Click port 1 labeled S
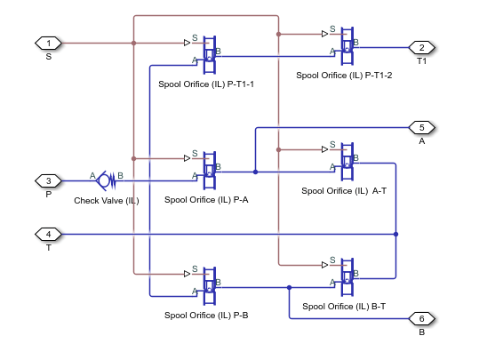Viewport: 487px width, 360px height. pyautogui.click(x=47, y=42)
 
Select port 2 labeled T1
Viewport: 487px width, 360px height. pyautogui.click(x=420, y=47)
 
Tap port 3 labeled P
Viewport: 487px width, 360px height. pyautogui.click(x=47, y=180)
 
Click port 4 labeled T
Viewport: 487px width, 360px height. pyautogui.click(x=47, y=234)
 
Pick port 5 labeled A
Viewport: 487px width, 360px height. pyautogui.click(x=420, y=127)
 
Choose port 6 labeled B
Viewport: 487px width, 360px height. pyautogui.click(x=420, y=318)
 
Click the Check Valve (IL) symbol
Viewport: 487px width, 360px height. pyautogui.click(x=106, y=180)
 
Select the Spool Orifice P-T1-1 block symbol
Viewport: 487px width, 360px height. pyautogui.click(x=210, y=54)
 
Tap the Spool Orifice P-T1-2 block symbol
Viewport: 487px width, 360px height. pyautogui.click(x=347, y=46)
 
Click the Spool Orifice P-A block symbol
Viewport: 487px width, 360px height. pyautogui.click(x=210, y=170)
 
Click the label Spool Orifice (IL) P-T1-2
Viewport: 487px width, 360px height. pyautogui.click(x=345, y=76)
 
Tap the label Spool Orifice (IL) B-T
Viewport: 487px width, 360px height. pyautogui.click(x=344, y=306)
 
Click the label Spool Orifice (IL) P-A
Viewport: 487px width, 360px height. pyautogui.click(x=206, y=200)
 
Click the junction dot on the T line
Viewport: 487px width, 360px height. pyautogui.click(x=395, y=234)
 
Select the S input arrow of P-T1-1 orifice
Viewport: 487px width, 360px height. pyautogui.click(x=188, y=42)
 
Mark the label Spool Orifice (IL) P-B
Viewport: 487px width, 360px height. pyautogui.click(x=206, y=315)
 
